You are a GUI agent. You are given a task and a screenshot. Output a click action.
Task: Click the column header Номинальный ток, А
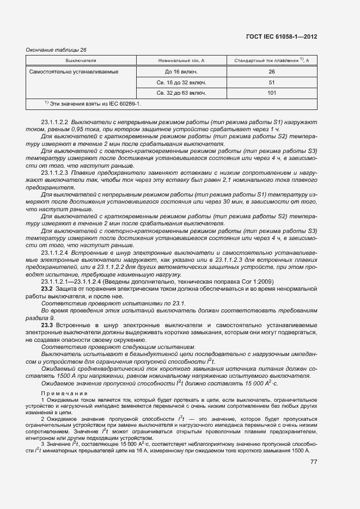tap(181, 60)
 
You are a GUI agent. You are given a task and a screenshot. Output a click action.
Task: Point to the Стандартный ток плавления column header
tap(271, 60)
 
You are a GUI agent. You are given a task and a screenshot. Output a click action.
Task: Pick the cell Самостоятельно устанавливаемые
tap(74, 71)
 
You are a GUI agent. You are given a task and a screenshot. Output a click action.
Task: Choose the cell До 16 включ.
tap(181, 71)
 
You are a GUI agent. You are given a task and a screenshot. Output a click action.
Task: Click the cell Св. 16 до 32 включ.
tap(181, 82)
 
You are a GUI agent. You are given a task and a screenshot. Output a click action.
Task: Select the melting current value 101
tap(271, 93)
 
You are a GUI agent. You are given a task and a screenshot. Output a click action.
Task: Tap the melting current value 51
tap(271, 82)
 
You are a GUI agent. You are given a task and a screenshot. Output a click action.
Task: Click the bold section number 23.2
tap(47, 289)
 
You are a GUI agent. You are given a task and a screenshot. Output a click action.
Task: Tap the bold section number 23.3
tap(47, 325)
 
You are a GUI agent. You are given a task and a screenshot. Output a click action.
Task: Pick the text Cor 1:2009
tap(258, 281)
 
